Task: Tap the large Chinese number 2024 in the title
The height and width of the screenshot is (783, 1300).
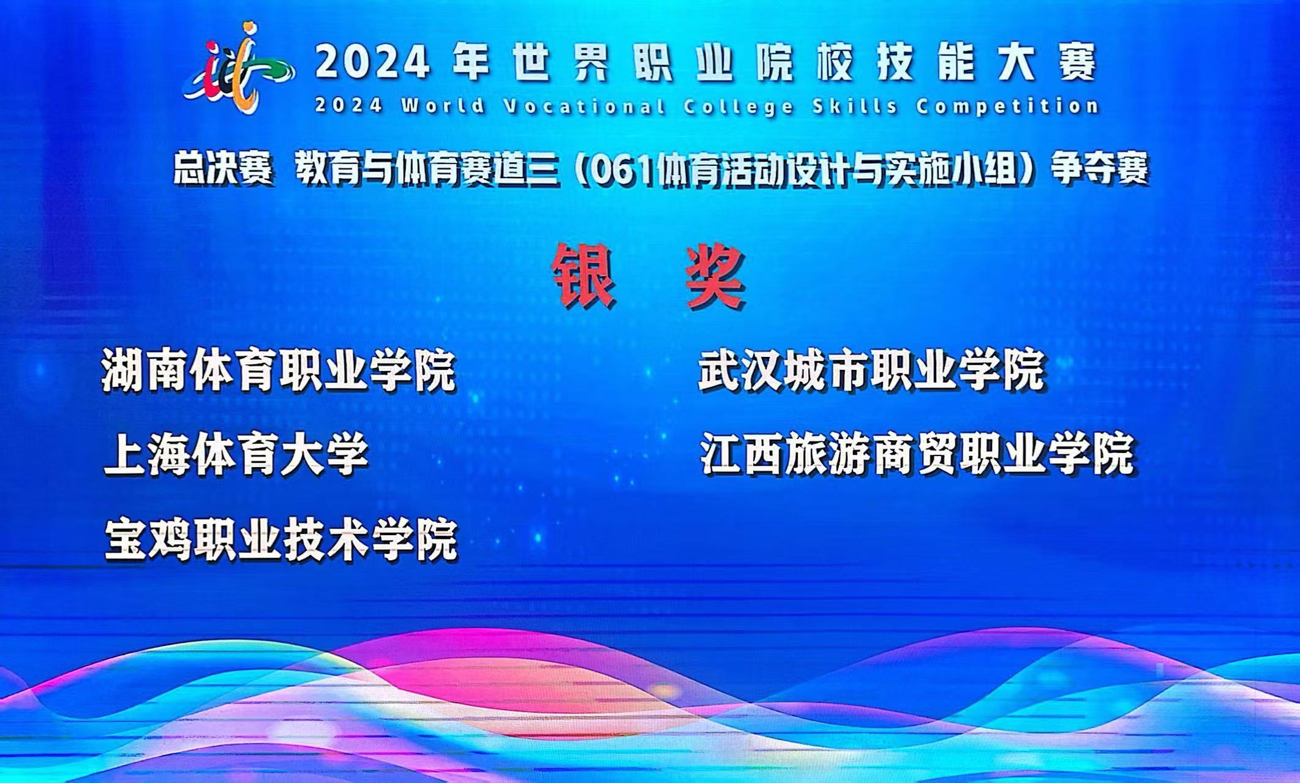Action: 373,63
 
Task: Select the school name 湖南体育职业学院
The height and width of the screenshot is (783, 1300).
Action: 279,370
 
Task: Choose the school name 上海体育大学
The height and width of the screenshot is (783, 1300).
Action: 236,455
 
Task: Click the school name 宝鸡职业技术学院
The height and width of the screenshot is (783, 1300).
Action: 281,540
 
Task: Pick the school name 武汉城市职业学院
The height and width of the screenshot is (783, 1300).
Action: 871,370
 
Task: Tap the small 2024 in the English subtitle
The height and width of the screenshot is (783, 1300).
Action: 349,106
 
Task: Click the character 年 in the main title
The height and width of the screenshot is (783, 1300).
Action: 471,63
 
